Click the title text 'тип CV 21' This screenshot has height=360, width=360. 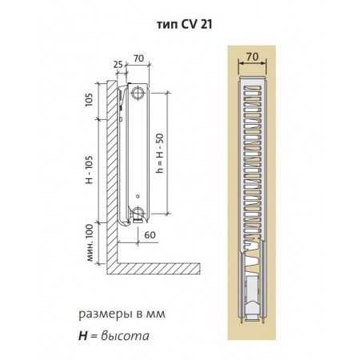point(184,25)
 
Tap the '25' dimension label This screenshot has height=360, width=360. point(118,64)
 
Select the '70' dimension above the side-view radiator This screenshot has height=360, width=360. point(138,58)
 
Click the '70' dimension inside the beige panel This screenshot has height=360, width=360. point(252,57)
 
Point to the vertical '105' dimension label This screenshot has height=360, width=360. point(89,100)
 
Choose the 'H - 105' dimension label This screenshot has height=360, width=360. point(89,170)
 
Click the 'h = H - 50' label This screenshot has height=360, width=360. point(160,153)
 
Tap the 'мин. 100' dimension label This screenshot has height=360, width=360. point(90,243)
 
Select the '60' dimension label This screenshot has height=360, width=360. point(150,235)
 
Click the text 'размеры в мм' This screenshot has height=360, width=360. point(122,314)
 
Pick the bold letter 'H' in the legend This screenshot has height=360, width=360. point(83,336)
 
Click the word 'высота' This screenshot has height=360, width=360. point(125,336)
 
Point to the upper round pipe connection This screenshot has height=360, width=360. point(138,94)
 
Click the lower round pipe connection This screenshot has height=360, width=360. point(138,213)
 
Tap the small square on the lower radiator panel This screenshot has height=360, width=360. point(138,197)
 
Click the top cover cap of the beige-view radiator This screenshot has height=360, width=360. point(252,78)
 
